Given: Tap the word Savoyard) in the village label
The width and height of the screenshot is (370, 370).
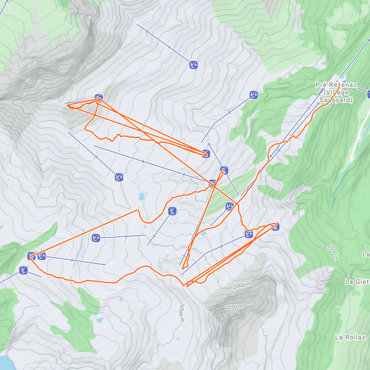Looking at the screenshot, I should (336, 100).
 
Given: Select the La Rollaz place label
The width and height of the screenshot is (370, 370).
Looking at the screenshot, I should (350, 337).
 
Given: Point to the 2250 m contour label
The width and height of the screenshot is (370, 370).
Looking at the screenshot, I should (233, 307).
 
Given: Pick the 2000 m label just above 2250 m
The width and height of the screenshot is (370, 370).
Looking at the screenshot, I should (242, 286).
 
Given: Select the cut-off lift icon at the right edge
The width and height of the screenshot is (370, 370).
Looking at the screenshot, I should (369, 94).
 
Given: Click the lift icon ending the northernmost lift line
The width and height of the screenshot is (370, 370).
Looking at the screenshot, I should (193, 65).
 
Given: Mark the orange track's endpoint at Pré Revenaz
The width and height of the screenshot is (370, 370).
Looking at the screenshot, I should (339, 84).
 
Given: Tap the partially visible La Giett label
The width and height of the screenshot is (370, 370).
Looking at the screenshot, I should (357, 282).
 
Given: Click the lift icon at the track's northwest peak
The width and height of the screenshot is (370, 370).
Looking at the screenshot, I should (98, 98).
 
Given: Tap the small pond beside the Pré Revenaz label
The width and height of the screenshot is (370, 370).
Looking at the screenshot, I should (343, 77).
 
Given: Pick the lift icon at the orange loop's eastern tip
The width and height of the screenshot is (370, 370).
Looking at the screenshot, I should (275, 227).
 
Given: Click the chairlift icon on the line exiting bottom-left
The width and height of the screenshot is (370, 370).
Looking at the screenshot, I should (23, 270).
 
